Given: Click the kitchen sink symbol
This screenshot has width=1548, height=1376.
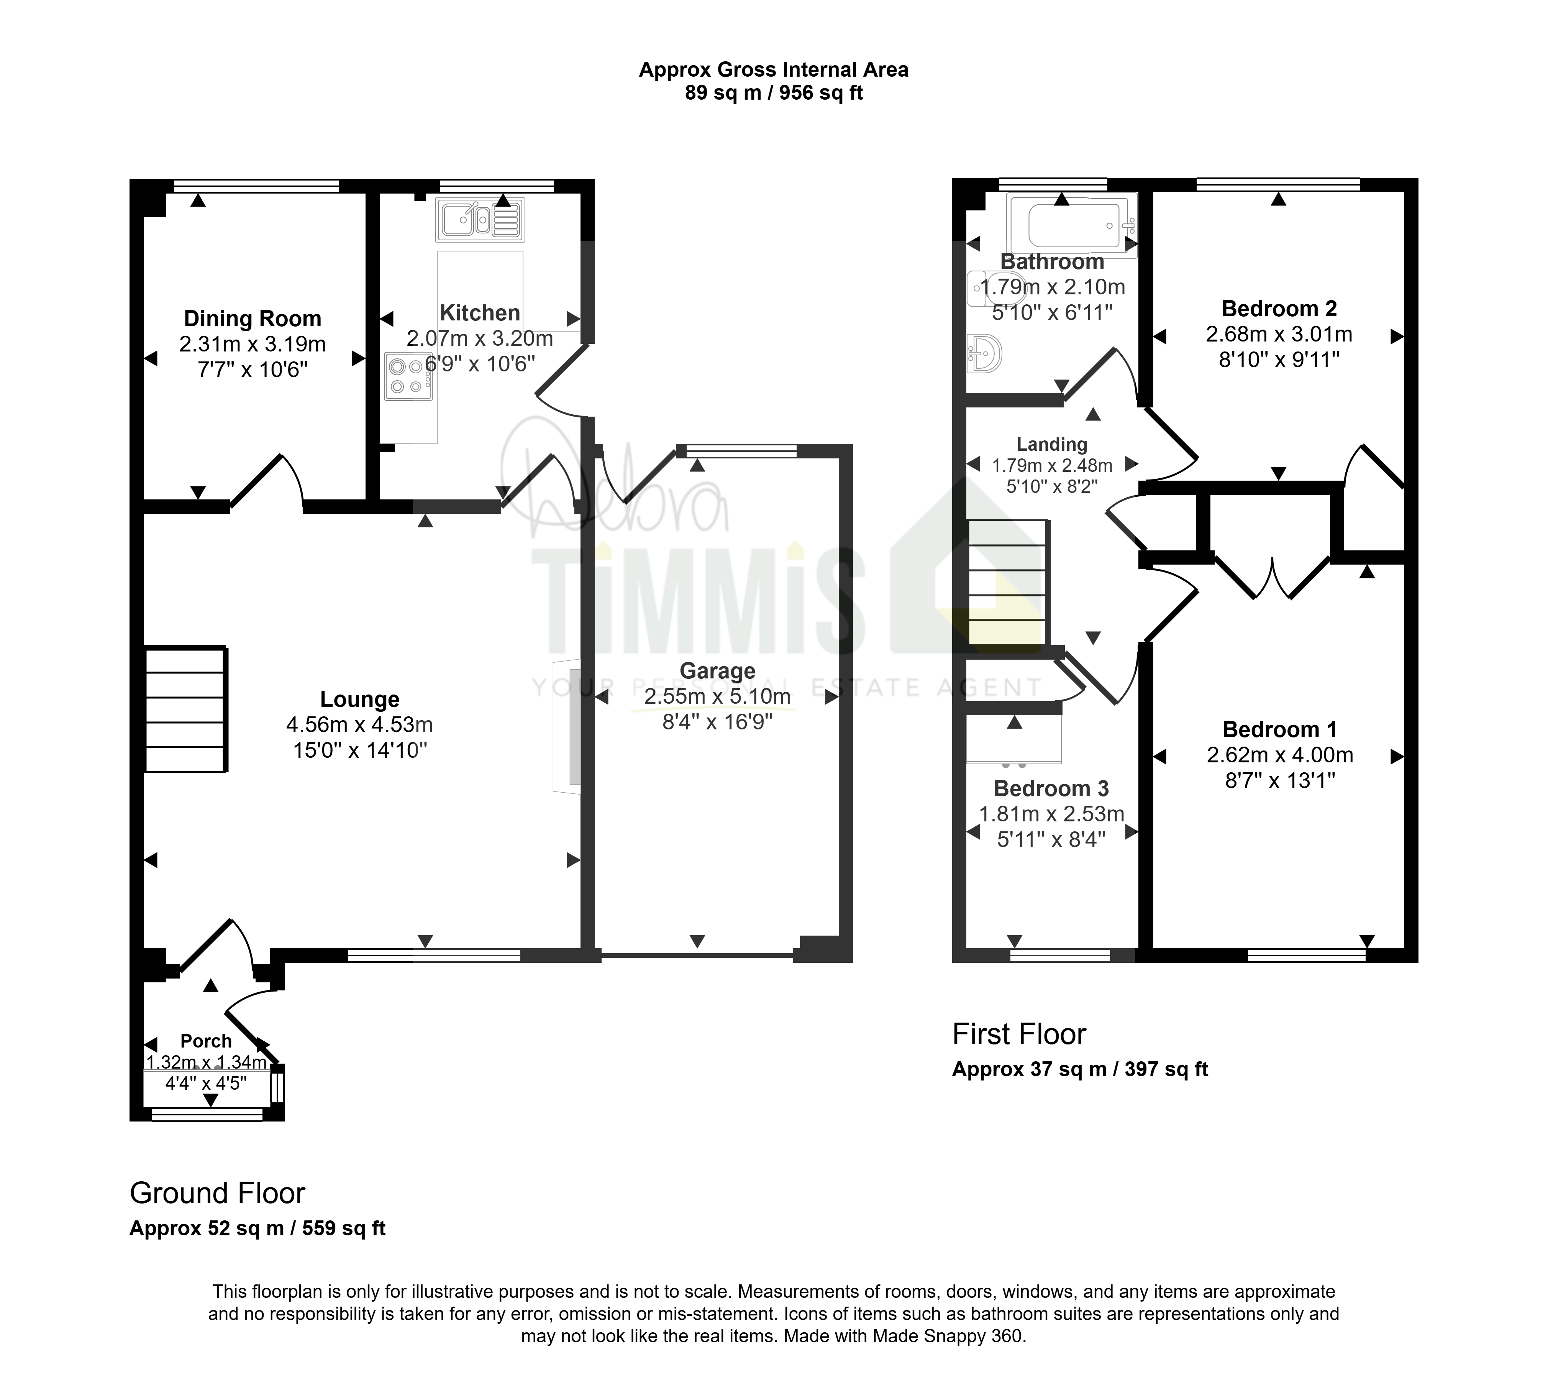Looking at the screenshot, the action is pos(480,220).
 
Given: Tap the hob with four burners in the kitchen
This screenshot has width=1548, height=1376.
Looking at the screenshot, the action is pos(408,377).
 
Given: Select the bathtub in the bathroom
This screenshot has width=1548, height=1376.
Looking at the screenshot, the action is pos(1072,224).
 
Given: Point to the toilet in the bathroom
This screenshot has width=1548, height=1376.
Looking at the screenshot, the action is pos(992,289).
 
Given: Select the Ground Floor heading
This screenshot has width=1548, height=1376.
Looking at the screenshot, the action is pos(217,1194).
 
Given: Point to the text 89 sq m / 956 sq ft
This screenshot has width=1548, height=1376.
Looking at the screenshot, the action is pos(774,93).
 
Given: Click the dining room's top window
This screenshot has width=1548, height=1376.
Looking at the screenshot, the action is pos(256,186).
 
